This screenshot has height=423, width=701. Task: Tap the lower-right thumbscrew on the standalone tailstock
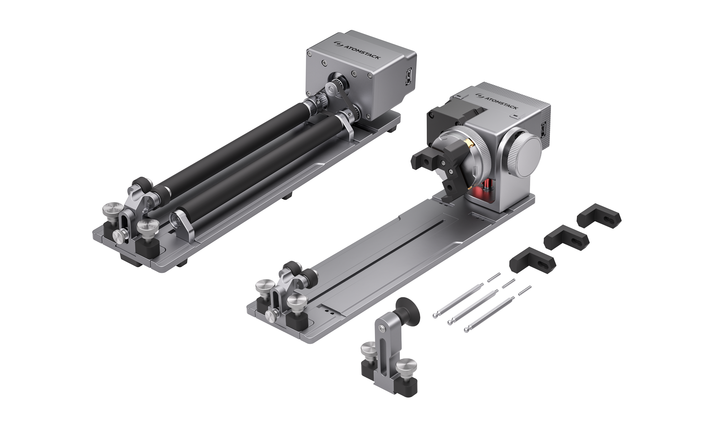pos(406,367)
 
